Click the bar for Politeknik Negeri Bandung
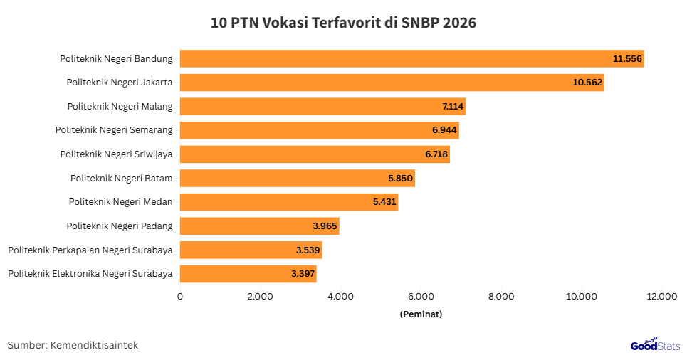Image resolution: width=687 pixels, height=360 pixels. tap(411, 58)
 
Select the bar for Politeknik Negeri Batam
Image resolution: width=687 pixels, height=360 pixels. tap(297, 178)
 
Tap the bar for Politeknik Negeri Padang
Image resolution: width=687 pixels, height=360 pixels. tap(259, 226)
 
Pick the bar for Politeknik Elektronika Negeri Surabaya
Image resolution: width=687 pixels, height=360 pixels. tap(248, 274)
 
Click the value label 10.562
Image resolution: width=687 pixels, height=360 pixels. tap(587, 83)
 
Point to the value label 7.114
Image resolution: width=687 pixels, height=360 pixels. tap(453, 106)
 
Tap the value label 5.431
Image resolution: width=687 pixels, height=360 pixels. tap(384, 202)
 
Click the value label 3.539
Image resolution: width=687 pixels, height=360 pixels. tap(309, 250)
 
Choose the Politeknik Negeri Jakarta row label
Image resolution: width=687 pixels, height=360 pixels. tap(120, 83)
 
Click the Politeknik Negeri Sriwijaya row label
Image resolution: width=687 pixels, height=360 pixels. tap(116, 154)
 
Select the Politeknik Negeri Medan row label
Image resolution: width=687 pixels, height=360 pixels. tap(121, 202)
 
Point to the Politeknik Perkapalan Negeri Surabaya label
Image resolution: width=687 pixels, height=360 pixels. tap(90, 250)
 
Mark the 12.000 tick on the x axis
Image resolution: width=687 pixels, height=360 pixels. tap(661, 297)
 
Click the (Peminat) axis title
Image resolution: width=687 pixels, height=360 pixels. tap(421, 314)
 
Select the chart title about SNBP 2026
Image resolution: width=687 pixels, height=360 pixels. tap(343, 23)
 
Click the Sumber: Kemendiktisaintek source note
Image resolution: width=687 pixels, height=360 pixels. tap(73, 345)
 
